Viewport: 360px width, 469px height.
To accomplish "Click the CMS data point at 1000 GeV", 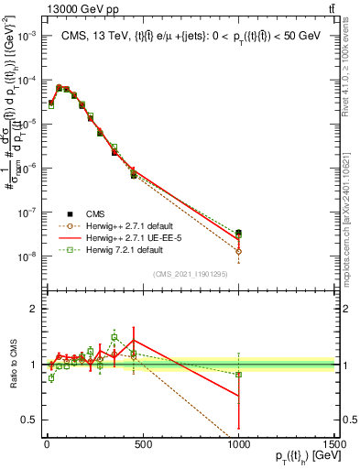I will pos(239,234).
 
